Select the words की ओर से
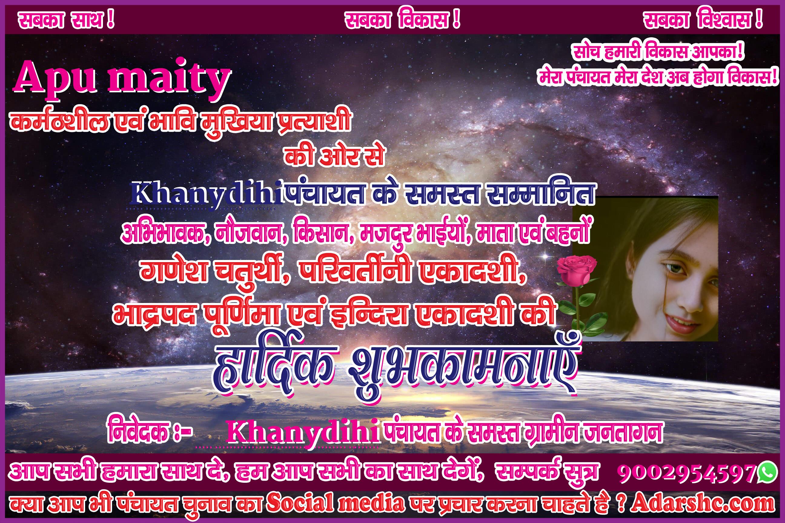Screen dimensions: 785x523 pos(334,156)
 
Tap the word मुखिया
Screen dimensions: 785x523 pos(237,122)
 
